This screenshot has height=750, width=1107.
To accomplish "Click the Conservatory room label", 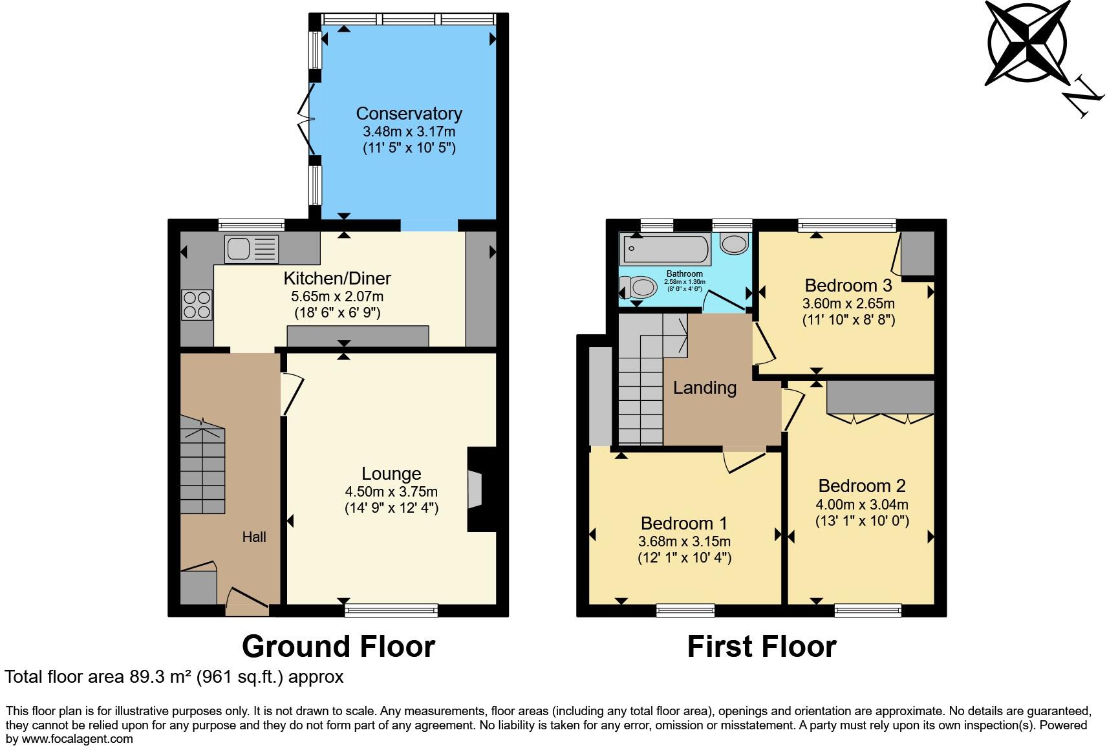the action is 409,114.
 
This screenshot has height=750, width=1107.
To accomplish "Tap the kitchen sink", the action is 252,249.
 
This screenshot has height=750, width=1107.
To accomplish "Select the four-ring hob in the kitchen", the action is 197,305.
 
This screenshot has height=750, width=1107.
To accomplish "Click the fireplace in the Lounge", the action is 482,489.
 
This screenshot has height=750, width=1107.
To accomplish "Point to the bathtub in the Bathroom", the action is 665,249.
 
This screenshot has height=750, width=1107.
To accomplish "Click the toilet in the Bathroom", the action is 638,286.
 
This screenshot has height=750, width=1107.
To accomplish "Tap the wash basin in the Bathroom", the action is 734,244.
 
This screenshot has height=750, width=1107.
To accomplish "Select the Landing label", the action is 705,388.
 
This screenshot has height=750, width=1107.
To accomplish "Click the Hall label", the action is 254,537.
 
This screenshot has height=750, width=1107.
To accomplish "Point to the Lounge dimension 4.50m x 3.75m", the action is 391,491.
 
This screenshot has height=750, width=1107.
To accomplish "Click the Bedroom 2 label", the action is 862,486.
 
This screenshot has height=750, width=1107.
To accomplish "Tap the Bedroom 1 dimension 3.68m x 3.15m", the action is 685,542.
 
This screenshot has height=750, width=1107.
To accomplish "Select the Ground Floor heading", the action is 339,647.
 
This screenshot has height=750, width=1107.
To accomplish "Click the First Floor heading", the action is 762,647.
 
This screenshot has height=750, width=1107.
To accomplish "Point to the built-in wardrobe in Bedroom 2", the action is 881,397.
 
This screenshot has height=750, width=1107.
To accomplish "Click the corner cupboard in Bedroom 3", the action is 918,253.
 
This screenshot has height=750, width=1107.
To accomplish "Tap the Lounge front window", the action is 391,611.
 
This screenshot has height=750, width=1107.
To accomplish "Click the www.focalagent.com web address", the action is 77,739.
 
